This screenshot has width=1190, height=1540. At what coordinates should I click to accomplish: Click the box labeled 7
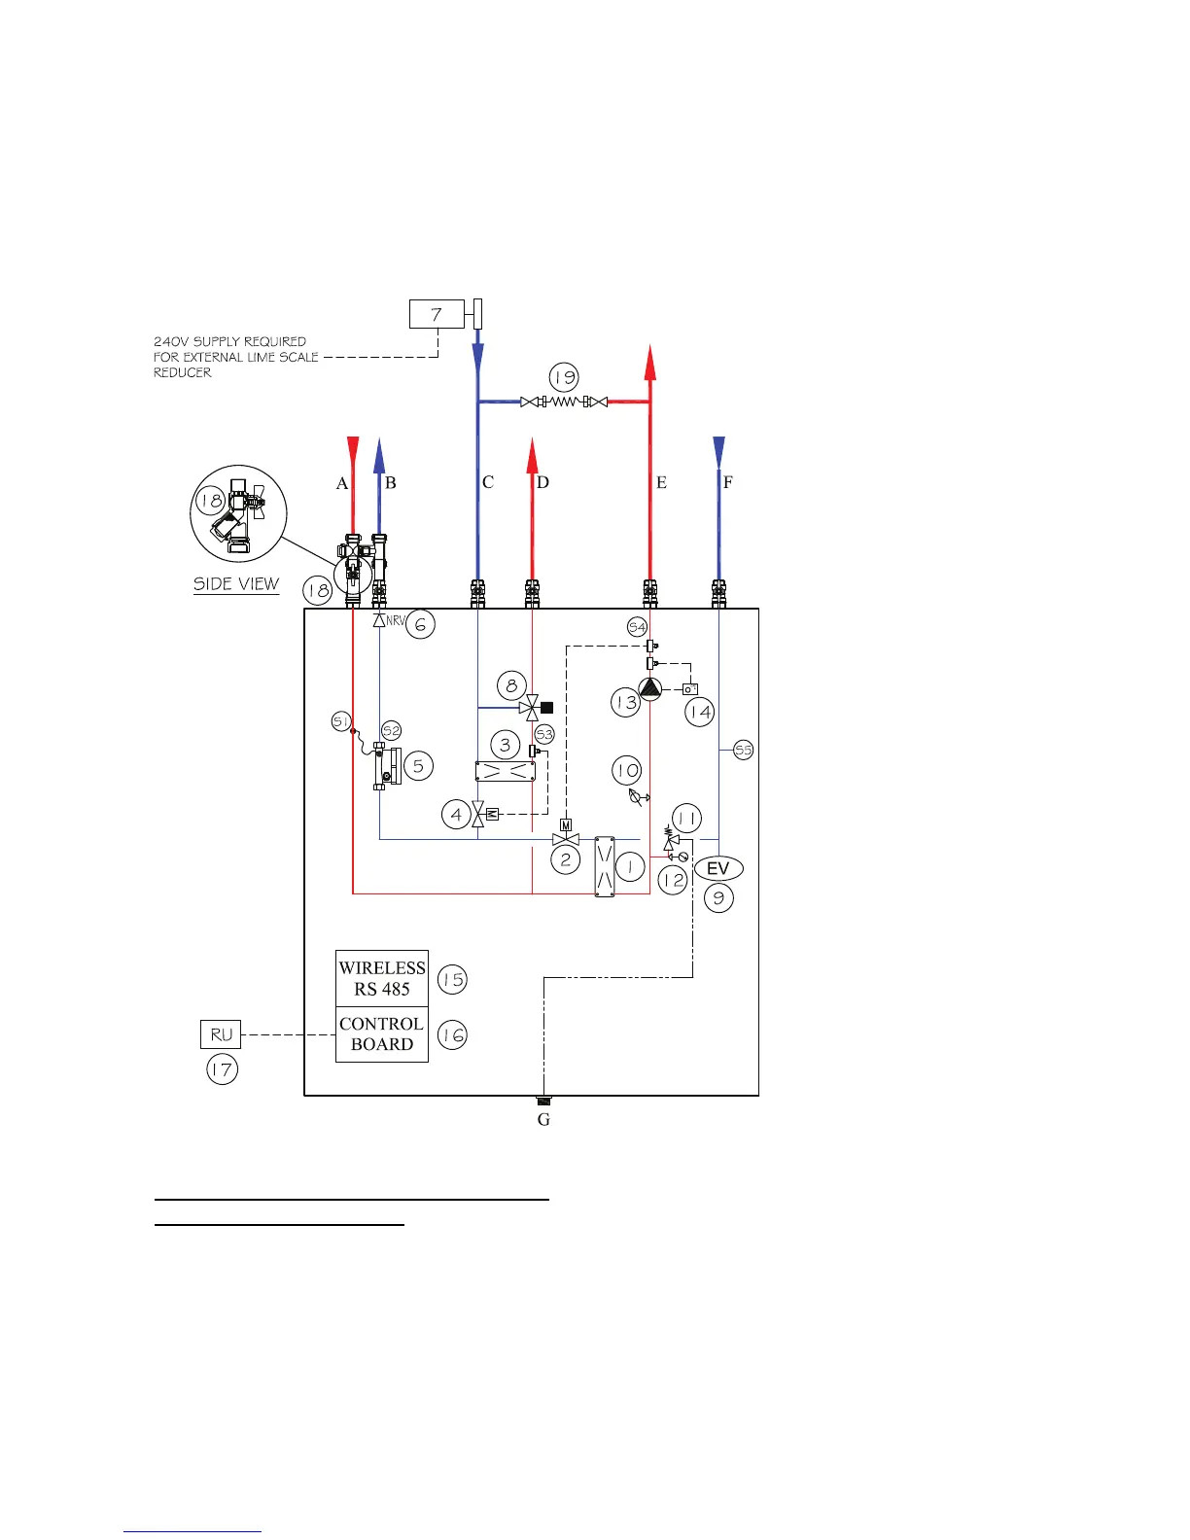(x=437, y=314)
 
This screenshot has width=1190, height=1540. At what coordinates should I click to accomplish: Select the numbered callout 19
(x=564, y=377)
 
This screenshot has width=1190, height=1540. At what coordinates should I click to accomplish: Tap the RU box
(x=221, y=1034)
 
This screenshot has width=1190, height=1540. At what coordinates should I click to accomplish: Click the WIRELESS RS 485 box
(x=382, y=978)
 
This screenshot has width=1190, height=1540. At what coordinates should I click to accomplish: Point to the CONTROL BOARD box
(x=382, y=1034)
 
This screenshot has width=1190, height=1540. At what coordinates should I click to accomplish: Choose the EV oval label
(x=717, y=868)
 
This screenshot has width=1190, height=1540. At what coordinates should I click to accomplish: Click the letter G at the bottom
(x=543, y=1119)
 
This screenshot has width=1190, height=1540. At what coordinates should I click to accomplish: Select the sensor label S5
(x=743, y=750)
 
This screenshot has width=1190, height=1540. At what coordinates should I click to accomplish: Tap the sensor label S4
(x=637, y=626)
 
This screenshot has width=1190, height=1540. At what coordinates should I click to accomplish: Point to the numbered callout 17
(x=222, y=1069)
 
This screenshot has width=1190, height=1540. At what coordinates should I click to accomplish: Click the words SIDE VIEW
(x=236, y=584)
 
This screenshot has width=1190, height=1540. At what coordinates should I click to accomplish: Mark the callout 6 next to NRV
(x=420, y=624)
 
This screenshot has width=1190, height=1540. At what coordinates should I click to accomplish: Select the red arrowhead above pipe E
(x=649, y=363)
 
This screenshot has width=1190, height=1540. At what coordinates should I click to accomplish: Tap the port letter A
(x=341, y=483)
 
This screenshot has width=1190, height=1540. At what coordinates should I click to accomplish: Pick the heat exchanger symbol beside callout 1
(x=605, y=867)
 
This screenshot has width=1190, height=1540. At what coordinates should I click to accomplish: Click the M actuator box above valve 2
(x=566, y=824)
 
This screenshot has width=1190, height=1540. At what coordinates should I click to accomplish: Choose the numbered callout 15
(x=452, y=979)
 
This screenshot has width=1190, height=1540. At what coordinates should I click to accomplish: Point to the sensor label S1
(x=341, y=721)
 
